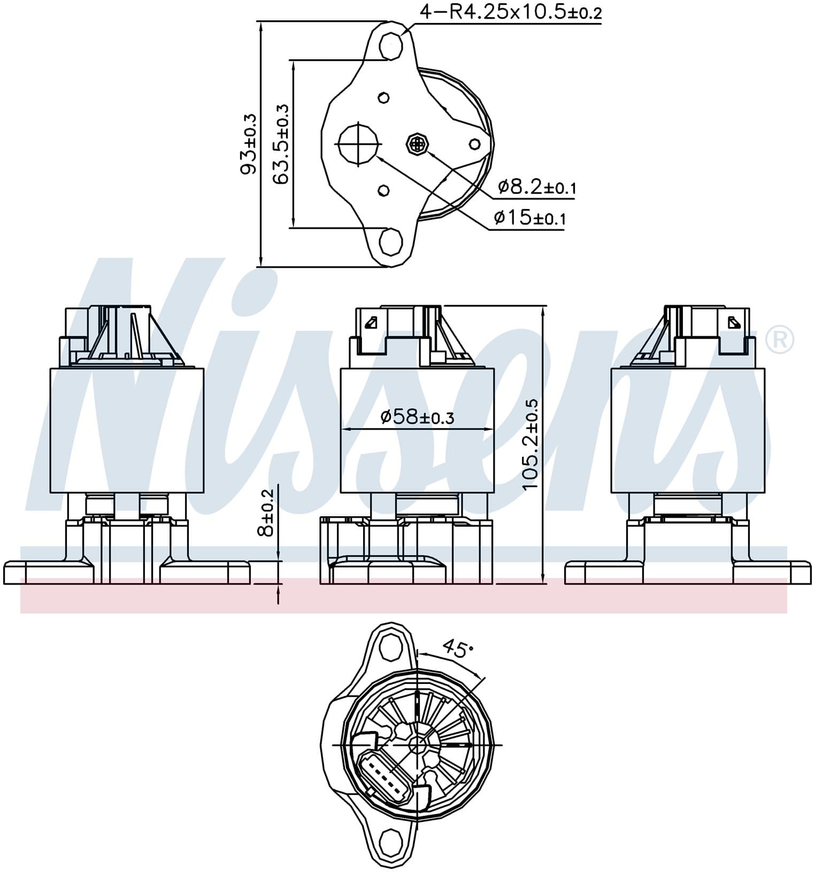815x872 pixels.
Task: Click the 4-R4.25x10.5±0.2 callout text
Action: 511,12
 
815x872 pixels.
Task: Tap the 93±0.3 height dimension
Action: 248,144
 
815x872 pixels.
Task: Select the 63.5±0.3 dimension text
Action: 280,144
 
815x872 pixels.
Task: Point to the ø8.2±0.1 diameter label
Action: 536,187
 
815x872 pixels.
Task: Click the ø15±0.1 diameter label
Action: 529,217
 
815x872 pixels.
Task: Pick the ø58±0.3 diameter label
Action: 417,417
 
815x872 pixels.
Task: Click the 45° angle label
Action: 458,649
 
